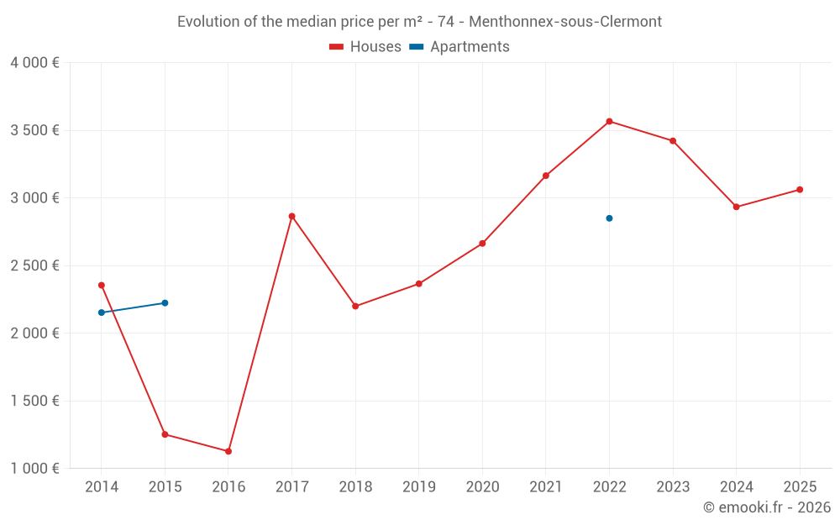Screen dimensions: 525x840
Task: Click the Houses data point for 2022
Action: click(609, 121)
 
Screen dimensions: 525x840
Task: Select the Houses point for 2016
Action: click(228, 451)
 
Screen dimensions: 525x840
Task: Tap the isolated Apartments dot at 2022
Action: click(609, 218)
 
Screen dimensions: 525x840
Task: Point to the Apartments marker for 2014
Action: click(102, 312)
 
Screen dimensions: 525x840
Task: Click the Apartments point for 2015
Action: click(165, 303)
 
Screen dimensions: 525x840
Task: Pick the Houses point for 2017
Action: click(291, 216)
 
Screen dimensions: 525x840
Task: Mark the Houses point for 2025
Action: click(800, 190)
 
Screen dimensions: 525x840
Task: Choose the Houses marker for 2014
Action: click(102, 285)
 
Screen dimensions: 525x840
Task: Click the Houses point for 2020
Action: click(482, 244)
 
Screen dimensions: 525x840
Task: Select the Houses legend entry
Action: click(365, 47)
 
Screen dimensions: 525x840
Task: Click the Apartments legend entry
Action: click(459, 47)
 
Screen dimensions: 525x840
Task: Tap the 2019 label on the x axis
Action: click(418, 487)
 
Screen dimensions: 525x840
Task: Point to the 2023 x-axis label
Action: click(673, 487)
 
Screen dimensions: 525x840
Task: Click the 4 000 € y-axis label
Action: click(34, 63)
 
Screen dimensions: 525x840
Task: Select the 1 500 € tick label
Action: click(34, 401)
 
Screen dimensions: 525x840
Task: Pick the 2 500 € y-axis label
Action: click(34, 265)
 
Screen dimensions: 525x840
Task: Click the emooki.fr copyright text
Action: click(767, 507)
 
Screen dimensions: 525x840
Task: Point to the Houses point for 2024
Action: click(736, 207)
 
